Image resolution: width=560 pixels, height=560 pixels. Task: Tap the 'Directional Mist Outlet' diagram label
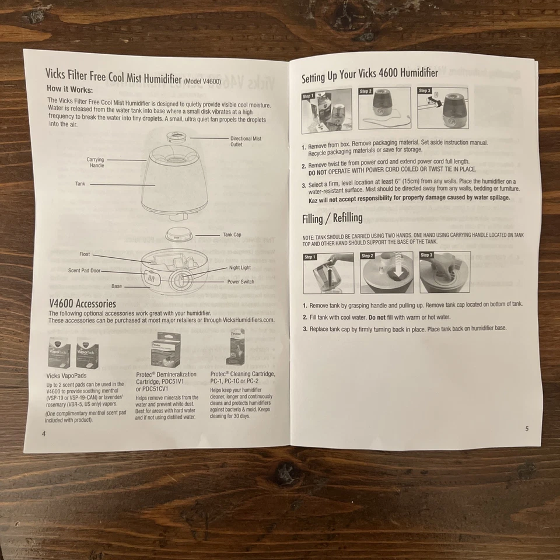246,141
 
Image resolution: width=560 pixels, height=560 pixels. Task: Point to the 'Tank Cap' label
232,235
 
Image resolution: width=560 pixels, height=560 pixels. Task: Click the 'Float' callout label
85,254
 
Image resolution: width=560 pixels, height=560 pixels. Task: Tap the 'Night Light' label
240,268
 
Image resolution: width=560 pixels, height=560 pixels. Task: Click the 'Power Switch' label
240,281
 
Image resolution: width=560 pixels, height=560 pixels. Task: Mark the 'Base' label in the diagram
117,286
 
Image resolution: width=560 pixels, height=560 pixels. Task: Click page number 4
43,433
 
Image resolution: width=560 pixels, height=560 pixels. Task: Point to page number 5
526,428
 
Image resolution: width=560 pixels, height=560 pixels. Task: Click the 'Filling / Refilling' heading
332,219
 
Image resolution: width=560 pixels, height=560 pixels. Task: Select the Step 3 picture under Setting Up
444,108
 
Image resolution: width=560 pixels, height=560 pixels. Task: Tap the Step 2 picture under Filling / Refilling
386,272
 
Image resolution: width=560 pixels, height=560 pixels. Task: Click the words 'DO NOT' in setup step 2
320,173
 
